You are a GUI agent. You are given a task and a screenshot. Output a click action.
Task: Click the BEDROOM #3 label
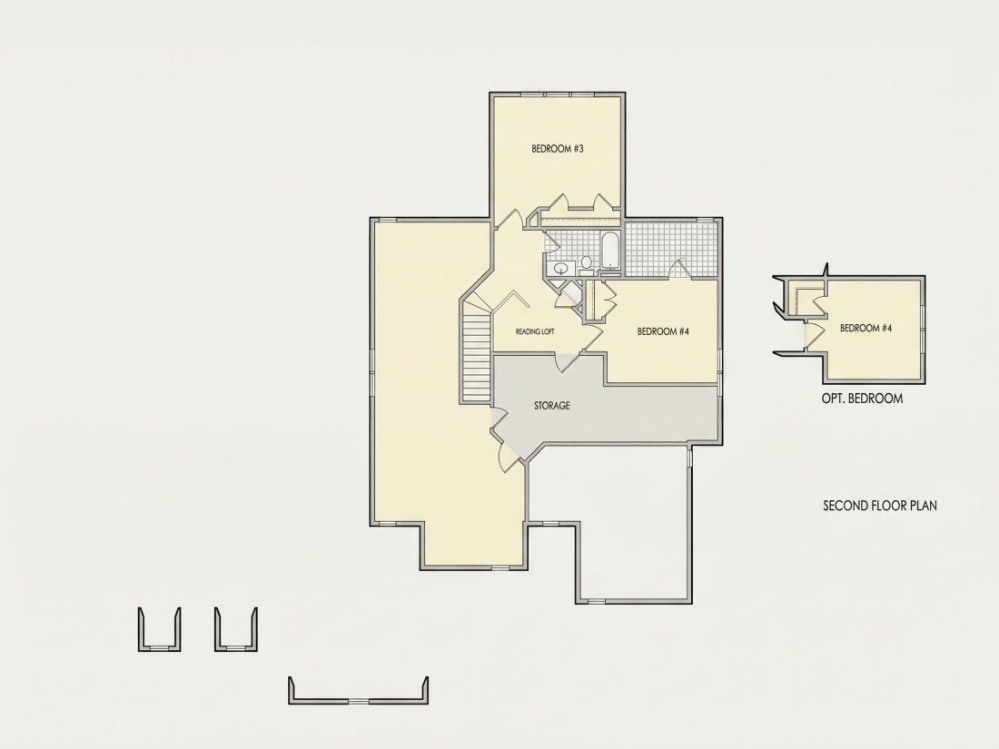point(558,149)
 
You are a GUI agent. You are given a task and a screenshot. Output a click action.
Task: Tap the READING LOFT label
point(535,331)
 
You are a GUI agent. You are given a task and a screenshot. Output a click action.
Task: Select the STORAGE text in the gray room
point(552,406)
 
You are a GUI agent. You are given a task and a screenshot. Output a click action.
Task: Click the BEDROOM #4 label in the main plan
point(663,331)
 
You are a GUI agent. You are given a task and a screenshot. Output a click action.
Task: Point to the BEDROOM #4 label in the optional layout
point(865,329)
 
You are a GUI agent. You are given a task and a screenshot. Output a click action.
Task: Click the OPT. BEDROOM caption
point(862,399)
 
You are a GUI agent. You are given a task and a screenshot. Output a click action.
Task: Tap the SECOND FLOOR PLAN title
point(880,506)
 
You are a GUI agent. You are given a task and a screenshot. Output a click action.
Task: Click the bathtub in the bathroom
point(609,251)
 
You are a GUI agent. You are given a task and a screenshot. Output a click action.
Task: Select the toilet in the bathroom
point(586,263)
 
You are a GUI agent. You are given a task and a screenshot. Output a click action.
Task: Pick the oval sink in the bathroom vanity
point(561,268)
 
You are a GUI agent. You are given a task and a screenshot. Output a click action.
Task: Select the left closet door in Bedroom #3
point(559,201)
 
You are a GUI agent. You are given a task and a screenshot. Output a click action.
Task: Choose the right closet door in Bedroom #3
point(602,201)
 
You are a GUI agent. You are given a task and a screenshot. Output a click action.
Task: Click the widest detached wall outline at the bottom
point(358,691)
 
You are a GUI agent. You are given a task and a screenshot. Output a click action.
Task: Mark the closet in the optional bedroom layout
point(805,298)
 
